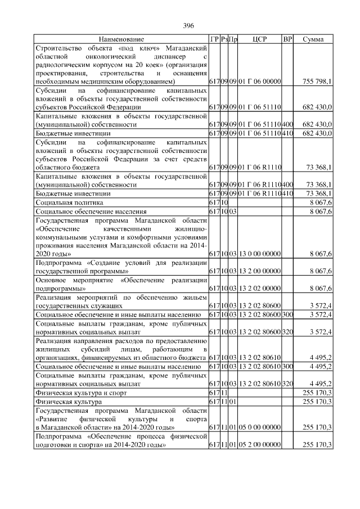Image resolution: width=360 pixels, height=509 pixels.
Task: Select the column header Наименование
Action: pyautogui.click(x=121, y=39)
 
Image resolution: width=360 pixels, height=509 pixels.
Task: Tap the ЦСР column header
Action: pyautogui.click(x=259, y=39)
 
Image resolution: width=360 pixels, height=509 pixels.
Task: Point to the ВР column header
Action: pyautogui.click(x=288, y=39)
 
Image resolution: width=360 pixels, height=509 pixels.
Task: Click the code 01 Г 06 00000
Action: pyautogui.click(x=259, y=81)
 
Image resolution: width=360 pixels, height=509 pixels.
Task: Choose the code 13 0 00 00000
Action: pyautogui.click(x=259, y=254)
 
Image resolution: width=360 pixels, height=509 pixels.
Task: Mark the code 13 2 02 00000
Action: pyautogui.click(x=259, y=289)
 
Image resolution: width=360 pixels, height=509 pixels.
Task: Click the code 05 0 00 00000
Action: pyautogui.click(x=259, y=427)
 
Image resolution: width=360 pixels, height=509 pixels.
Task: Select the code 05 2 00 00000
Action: pyautogui.click(x=259, y=445)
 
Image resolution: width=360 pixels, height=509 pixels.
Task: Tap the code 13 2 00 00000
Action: pyautogui.click(x=259, y=271)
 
